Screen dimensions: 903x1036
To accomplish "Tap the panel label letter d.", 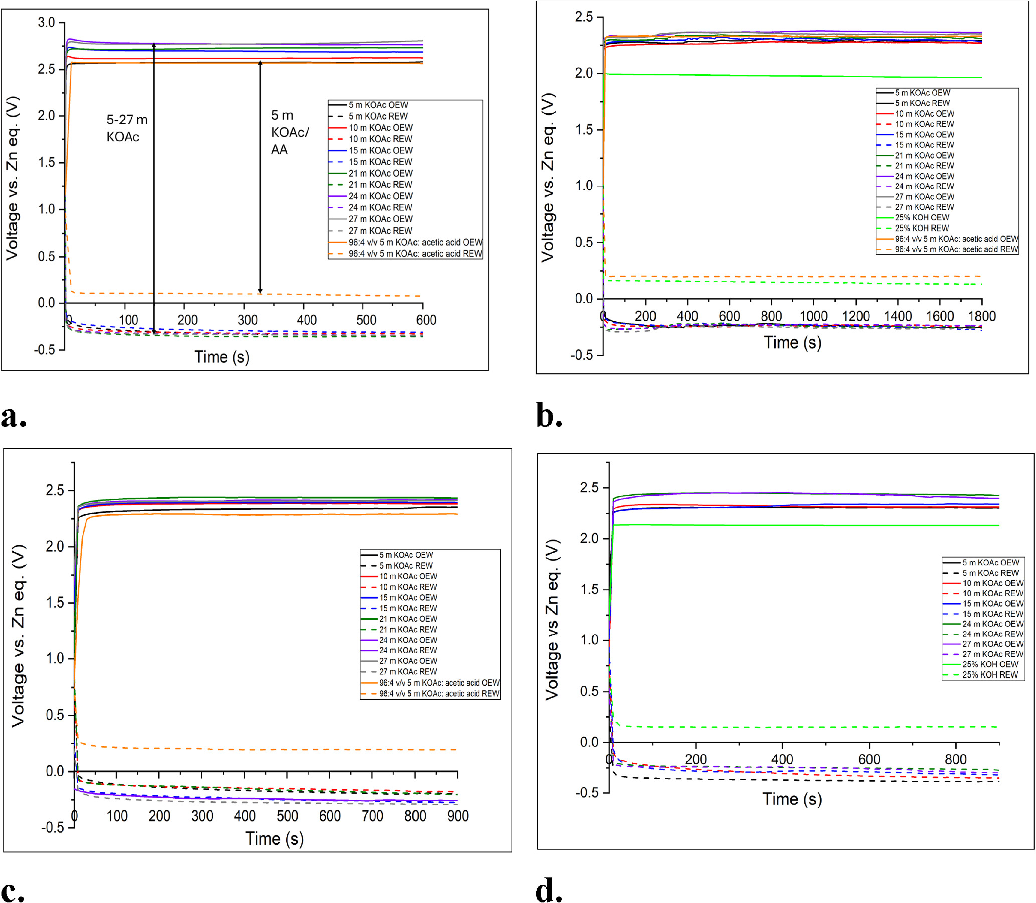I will coord(548,890).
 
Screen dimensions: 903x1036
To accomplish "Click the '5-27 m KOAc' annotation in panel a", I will coord(126,128).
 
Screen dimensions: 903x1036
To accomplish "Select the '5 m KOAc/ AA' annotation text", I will coord(289,132).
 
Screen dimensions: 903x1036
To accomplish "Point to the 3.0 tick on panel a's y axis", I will coord(46,22).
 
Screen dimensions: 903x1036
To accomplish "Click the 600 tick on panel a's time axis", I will coord(426,320).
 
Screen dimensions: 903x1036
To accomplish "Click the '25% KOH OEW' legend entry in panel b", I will coord(922,217).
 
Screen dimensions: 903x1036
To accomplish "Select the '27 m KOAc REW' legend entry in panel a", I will coord(380,231).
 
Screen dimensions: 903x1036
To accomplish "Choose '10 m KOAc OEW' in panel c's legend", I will coord(407,576).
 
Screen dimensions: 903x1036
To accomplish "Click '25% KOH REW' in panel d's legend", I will coord(990,674).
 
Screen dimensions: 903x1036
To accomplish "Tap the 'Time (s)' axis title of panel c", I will coord(274,838).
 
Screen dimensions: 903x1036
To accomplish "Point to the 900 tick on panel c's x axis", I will coord(458,816).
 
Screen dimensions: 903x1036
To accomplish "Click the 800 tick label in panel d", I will coord(955,759).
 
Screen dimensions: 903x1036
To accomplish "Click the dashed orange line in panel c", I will coord(252,749).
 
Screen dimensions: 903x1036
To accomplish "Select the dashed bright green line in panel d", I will coord(806,727).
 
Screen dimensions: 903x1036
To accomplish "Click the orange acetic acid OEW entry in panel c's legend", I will coord(439,683).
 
